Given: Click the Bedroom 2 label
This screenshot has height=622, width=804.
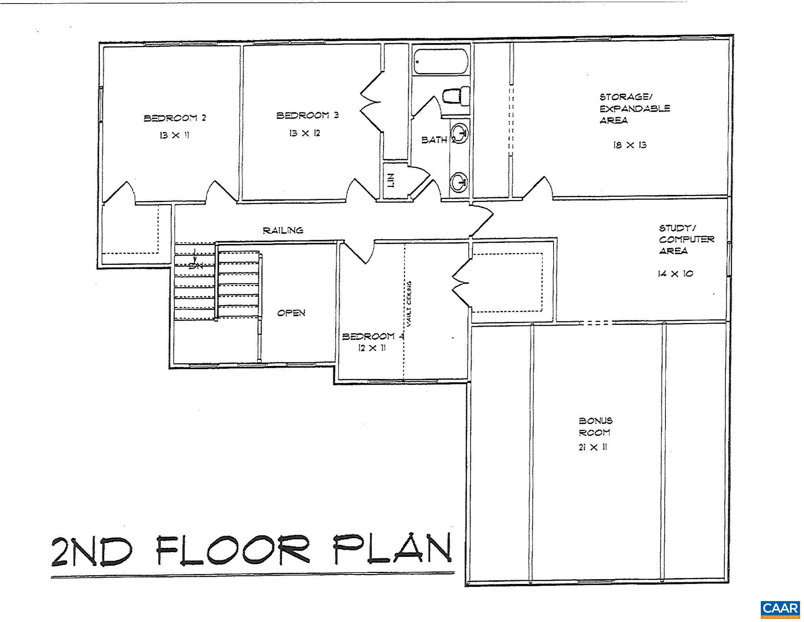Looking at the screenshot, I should tap(175, 118).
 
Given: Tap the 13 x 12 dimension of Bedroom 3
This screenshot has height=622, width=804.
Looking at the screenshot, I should tap(305, 133).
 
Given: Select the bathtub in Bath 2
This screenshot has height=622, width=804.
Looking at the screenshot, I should tap(441, 61).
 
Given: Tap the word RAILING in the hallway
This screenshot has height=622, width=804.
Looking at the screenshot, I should tap(283, 230).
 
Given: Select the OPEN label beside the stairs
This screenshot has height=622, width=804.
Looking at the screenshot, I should tap(291, 313).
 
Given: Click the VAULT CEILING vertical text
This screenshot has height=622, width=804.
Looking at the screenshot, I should tap(409, 304).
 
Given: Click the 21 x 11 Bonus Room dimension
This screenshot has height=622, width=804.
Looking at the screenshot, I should tap(593, 447).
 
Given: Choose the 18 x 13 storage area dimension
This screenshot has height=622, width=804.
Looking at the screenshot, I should tap(630, 145).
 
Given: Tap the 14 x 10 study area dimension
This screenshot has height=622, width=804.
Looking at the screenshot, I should tap(675, 273).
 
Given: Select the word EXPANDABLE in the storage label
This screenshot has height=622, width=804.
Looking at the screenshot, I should tap(635, 108).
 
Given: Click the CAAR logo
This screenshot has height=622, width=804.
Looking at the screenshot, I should tap(780, 609).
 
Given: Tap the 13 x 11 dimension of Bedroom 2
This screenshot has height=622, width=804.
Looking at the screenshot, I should tap(175, 135).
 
